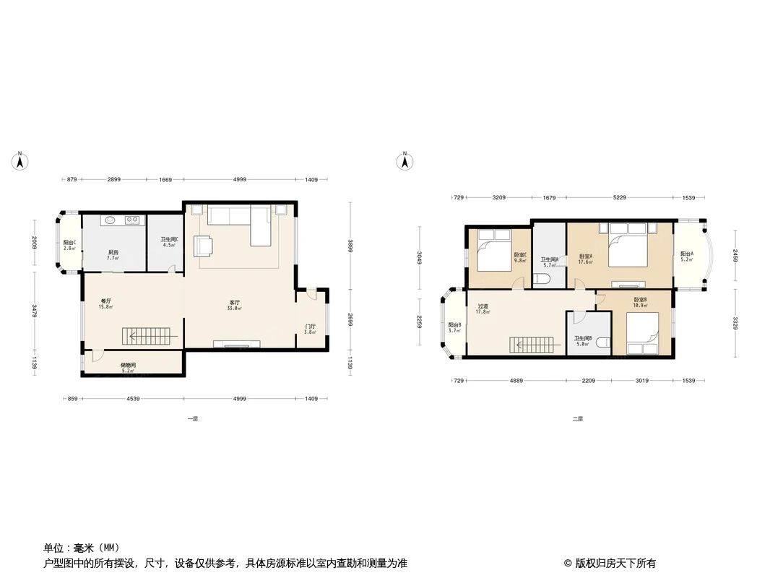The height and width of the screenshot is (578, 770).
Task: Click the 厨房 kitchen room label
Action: (x=113, y=253)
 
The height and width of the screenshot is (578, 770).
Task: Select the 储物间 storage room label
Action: (x=128, y=366)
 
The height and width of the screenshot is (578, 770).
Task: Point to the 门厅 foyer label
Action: (x=310, y=327)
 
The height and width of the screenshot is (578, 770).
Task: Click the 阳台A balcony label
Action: (x=686, y=254)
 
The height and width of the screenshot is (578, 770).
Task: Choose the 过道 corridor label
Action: (x=483, y=306)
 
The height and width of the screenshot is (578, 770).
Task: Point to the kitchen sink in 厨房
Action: (x=110, y=220)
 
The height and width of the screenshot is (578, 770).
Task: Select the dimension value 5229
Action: (x=619, y=197)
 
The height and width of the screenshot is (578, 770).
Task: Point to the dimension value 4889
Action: (x=516, y=381)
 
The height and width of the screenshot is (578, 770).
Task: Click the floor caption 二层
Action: (x=577, y=418)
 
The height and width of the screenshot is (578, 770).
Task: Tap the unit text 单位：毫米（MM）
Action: (x=82, y=548)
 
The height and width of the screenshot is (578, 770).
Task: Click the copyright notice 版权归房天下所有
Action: (x=610, y=563)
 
